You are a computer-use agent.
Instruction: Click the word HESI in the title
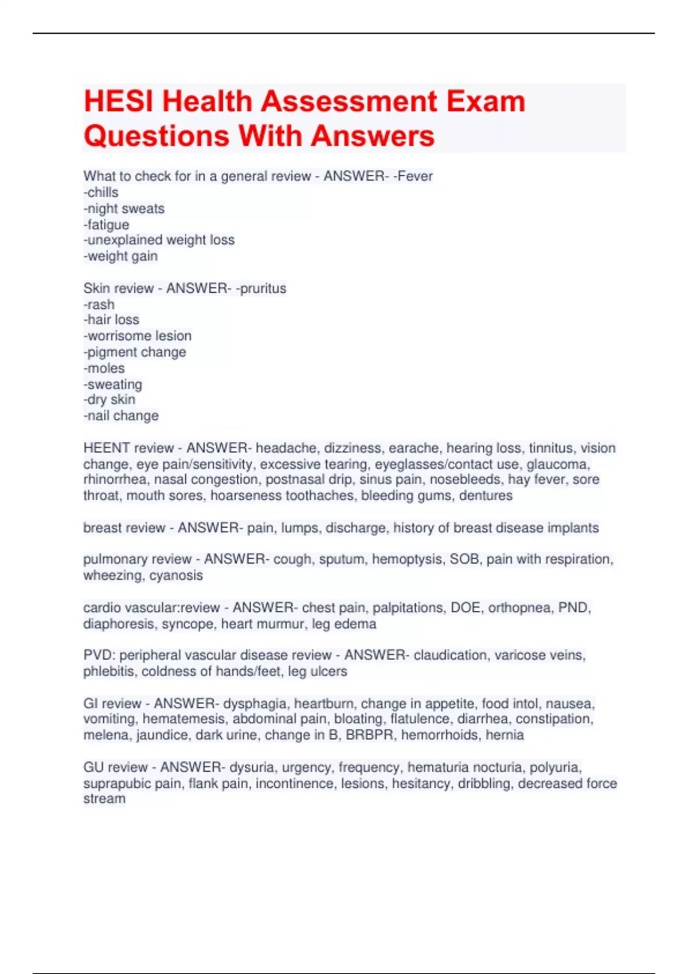point(119,102)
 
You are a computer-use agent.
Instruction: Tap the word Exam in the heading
point(486,102)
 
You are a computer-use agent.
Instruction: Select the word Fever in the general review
point(415,176)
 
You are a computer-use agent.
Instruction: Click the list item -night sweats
point(124,209)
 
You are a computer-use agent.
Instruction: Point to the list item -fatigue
point(106,225)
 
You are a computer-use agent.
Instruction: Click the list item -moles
point(104,368)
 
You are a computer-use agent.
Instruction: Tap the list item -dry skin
point(110,399)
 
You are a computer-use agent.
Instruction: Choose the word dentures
point(486,496)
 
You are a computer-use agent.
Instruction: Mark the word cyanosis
point(176,575)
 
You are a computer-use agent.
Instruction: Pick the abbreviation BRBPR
point(370,735)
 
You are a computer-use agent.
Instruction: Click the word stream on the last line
point(104,799)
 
